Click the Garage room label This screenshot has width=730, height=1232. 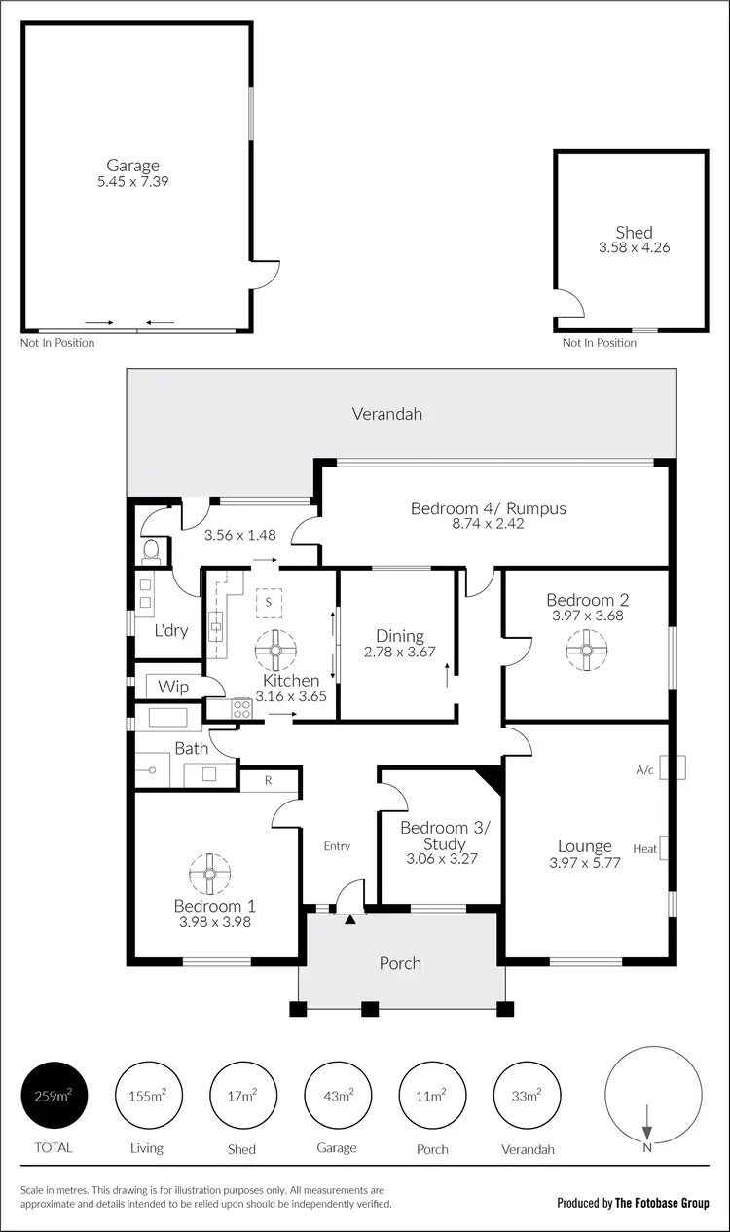coord(132,166)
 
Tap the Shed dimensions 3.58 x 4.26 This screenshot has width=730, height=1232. coord(634,247)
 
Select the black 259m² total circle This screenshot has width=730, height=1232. coord(54,1095)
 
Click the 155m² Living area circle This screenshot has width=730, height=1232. coord(148,1095)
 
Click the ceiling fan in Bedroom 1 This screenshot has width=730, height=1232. coord(208,874)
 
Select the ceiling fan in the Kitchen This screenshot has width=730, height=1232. coord(275,647)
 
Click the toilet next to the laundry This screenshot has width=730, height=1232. coord(150,552)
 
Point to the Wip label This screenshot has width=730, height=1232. coord(173,687)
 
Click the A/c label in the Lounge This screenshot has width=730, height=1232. coord(644,769)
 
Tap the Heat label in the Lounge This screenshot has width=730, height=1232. coord(644,848)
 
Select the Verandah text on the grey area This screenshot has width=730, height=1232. coord(386,414)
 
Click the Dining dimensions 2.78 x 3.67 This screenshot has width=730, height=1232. coord(399,652)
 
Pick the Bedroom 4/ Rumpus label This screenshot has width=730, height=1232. coord(488,508)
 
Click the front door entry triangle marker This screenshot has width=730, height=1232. coord(349,917)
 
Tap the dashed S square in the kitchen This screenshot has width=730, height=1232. coord(269,604)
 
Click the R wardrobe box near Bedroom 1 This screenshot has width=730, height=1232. coord(268,780)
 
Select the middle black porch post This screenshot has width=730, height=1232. coord(369,1009)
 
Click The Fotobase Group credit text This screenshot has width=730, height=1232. coord(662,1204)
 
